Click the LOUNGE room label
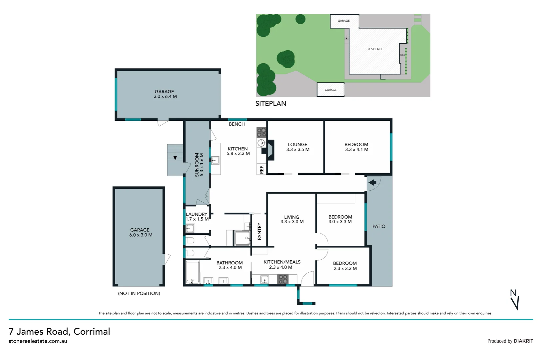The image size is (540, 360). [297, 145]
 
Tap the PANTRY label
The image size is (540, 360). [260, 231]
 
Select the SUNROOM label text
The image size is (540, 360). [197, 165]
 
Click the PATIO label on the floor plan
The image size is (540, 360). [379, 226]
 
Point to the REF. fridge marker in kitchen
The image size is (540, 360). [262, 169]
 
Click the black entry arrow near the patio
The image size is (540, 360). [372, 182]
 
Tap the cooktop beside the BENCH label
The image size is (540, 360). [262, 133]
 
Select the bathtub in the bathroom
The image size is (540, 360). [193, 272]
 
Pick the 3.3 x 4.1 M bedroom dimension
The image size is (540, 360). [356, 150]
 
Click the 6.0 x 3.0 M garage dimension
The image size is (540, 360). [141, 235]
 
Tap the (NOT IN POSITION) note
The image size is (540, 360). [139, 293]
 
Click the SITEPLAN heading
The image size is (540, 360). [270, 103]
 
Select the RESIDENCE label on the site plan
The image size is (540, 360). [375, 49]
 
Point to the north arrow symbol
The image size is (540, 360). [515, 300]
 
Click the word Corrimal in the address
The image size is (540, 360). [92, 331]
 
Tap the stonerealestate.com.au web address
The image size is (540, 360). [38, 341]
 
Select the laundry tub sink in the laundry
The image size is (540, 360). [190, 229]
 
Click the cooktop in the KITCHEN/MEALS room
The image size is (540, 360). [283, 279]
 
